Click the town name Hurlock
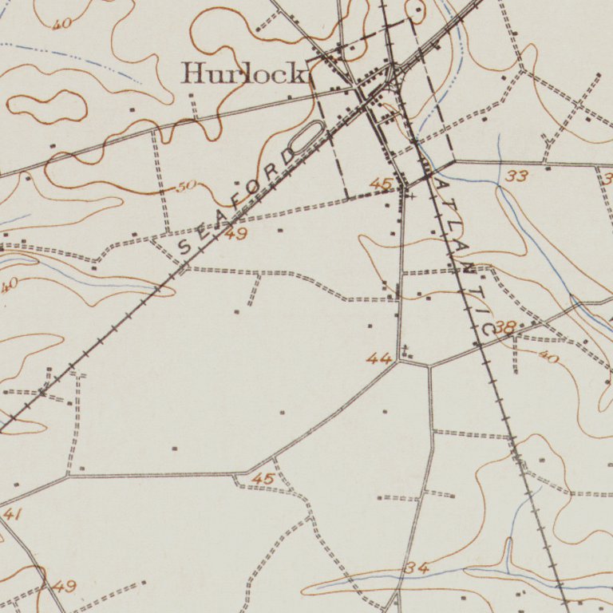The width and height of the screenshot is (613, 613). click(x=244, y=74)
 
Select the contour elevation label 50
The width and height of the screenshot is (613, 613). click(x=185, y=187)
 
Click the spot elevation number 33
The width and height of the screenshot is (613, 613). click(x=516, y=176)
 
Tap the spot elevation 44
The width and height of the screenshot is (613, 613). click(x=379, y=359)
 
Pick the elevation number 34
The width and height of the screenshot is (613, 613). click(x=417, y=568)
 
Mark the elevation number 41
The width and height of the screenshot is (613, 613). click(x=11, y=515)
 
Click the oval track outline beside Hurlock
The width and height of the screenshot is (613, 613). click(x=307, y=136)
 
